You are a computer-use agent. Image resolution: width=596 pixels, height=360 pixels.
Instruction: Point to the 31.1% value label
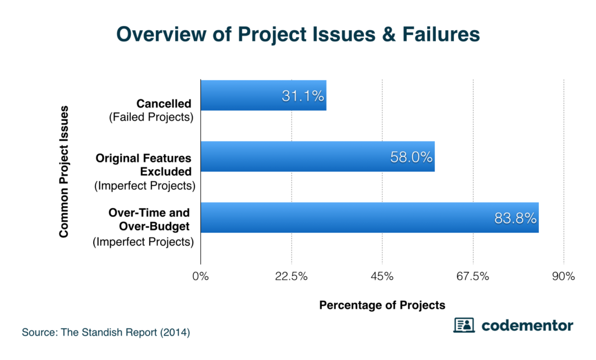tap(303, 96)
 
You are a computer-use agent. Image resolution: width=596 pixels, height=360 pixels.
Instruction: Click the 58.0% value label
tap(411, 157)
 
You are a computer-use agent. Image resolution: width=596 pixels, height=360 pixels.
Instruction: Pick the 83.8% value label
tap(515, 218)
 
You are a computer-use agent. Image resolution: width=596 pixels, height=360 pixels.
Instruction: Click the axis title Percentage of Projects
tap(382, 305)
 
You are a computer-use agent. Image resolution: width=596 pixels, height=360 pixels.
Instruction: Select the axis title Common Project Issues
tap(64, 172)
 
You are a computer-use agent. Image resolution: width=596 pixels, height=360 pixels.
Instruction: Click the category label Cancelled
tap(164, 104)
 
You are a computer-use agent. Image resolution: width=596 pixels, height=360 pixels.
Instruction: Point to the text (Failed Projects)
tap(151, 117)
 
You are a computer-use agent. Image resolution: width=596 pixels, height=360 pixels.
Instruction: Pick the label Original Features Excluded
tap(144, 165)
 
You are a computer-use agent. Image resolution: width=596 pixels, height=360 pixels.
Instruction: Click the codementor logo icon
tap(464, 325)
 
